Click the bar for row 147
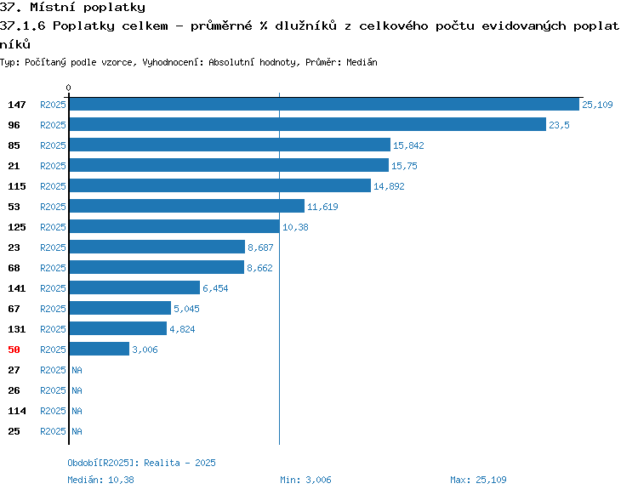(324, 104)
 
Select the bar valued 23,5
(308, 124)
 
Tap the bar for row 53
(187, 206)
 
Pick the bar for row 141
(134, 287)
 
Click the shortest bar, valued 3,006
(100, 349)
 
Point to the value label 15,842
(408, 145)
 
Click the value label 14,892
(389, 186)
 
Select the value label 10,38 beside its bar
(295, 227)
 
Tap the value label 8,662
(259, 268)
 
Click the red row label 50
(14, 350)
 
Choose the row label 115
(17, 186)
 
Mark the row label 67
(14, 309)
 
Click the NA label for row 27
(77, 370)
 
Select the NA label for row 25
(77, 431)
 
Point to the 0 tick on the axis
(68, 88)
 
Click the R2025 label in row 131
(53, 329)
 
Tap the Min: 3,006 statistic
(305, 480)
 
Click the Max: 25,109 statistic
(478, 480)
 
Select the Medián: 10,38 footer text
(100, 480)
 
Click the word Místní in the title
(53, 7)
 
